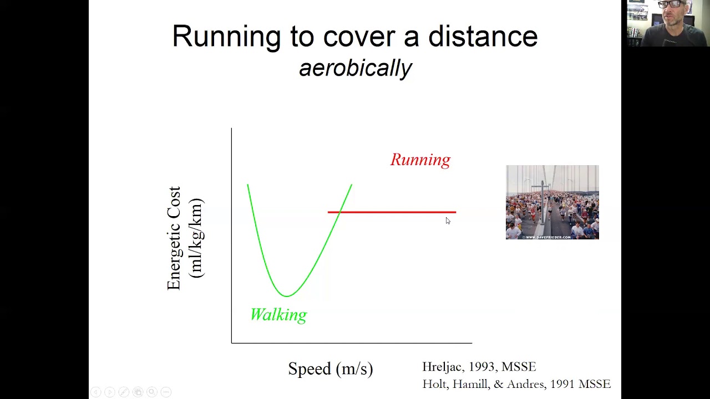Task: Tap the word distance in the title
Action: [483, 36]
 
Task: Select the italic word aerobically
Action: [356, 68]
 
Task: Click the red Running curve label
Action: [420, 160]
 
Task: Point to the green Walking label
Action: [278, 315]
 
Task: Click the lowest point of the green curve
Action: [287, 296]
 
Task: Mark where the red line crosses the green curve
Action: [339, 212]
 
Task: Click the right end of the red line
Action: [456, 212]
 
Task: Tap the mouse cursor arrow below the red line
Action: [448, 221]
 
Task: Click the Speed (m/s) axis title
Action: [331, 369]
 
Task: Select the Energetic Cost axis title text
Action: [174, 238]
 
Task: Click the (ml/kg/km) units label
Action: [196, 238]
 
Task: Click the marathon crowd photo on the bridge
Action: [552, 202]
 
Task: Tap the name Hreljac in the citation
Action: [443, 367]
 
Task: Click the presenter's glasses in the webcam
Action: [671, 4]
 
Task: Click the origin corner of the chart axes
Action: [232, 343]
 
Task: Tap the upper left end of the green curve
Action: [247, 185]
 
